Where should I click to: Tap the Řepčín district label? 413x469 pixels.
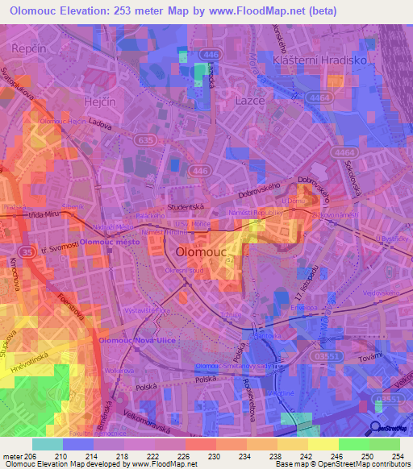click(27, 49)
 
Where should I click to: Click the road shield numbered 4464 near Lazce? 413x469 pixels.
click(323, 98)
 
